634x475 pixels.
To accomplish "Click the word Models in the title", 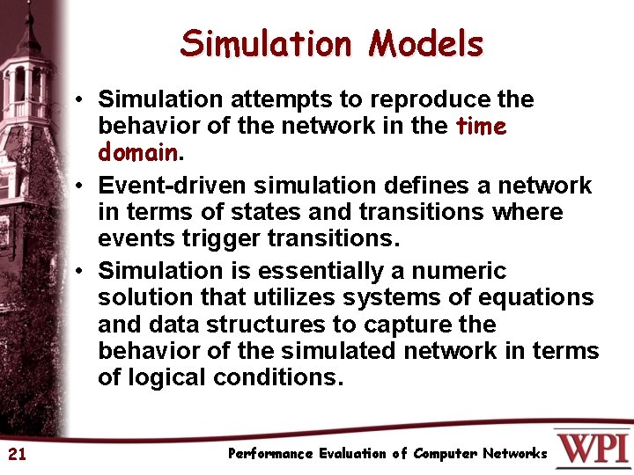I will click(x=426, y=43).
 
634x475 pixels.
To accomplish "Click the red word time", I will click(x=482, y=126).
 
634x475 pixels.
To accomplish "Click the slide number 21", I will click(x=17, y=454).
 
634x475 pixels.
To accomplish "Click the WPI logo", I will click(x=592, y=448).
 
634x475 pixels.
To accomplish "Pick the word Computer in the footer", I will click(x=446, y=454).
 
